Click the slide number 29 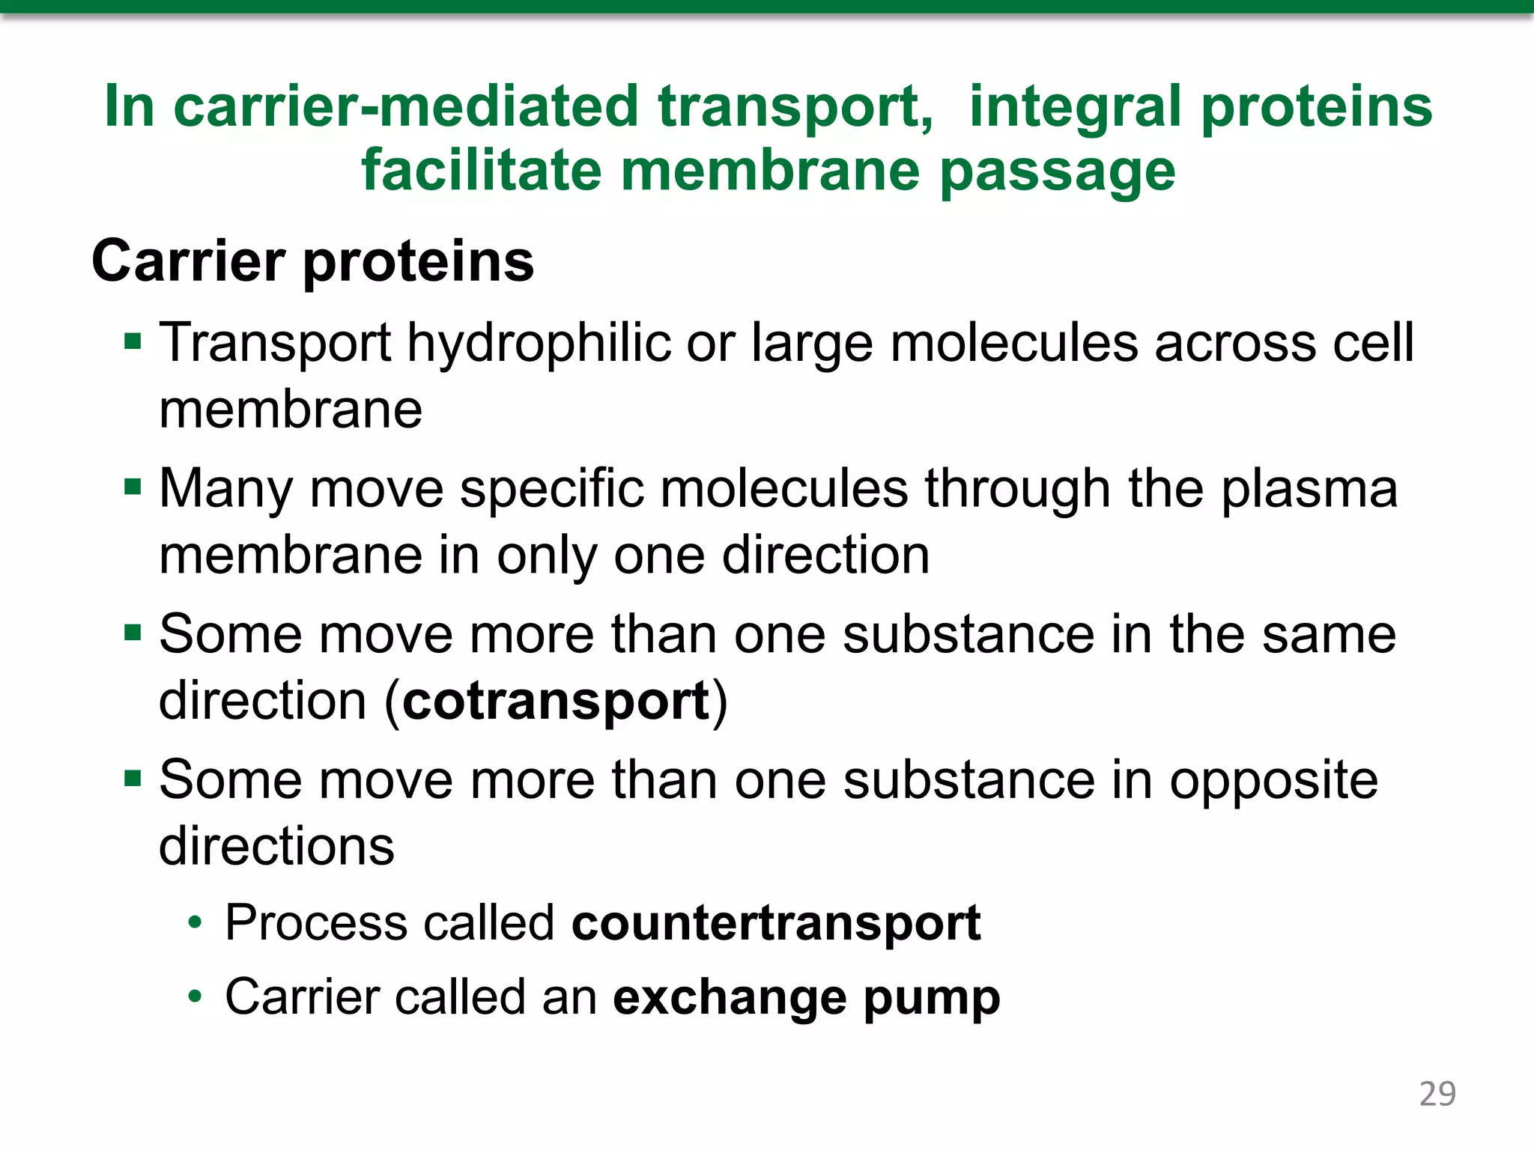[1437, 1094]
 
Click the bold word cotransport [556, 702]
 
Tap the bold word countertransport [776, 922]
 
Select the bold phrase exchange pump [807, 998]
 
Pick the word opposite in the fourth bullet [1273, 781]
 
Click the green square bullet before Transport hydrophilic [133, 342]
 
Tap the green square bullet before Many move [133, 488]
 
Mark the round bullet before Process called [195, 922]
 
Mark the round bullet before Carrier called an [195, 997]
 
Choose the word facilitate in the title [481, 171]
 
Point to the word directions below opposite [276, 846]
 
